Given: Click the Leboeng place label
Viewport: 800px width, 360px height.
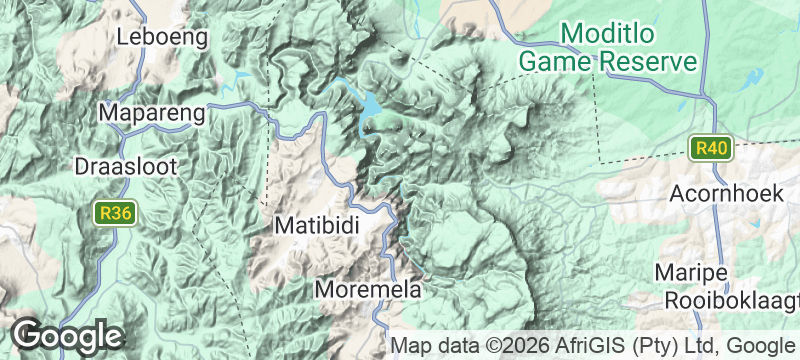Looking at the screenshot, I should coord(162,38).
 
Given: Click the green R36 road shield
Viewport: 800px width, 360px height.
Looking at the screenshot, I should coord(115,213).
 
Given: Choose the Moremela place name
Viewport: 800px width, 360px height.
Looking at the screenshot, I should coord(368,290).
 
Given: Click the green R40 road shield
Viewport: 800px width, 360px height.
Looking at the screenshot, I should coord(713,149).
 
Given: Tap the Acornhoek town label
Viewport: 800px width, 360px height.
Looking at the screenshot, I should coord(727,194).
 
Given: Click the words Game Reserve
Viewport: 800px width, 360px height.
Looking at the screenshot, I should coord(607,61).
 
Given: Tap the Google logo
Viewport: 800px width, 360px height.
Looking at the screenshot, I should coord(67,336).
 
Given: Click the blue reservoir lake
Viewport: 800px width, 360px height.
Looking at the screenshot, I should coord(370,104).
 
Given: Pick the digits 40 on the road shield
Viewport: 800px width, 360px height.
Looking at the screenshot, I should coord(719,149).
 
